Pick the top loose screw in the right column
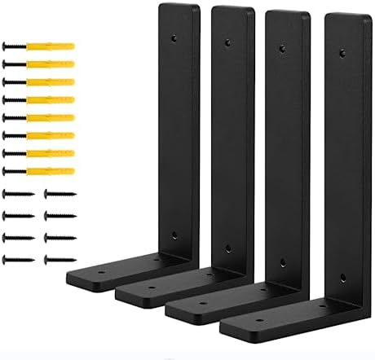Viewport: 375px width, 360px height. point(59,195)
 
